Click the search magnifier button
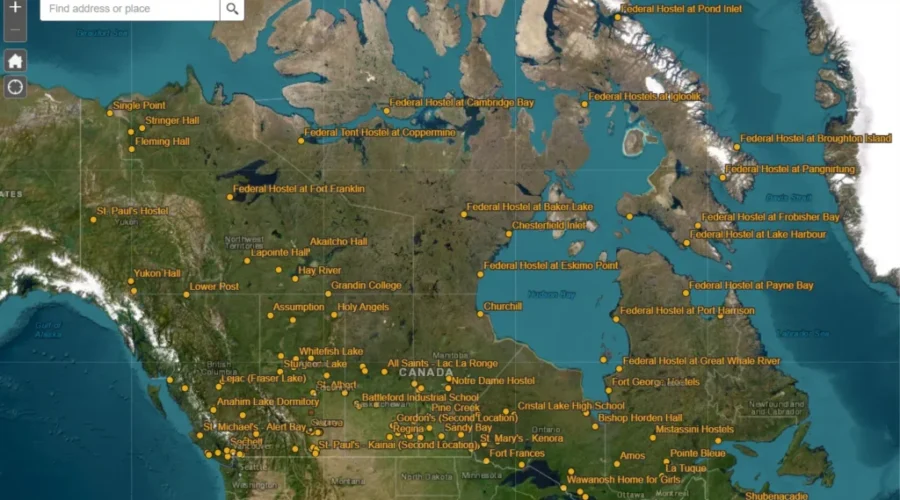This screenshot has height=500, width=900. pos(232,9)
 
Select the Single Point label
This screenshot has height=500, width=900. pos(139,105)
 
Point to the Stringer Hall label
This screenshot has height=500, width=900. pos(172,121)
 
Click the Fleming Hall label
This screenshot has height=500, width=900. pos(163,142)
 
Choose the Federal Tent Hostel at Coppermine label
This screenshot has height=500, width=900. pos(380,132)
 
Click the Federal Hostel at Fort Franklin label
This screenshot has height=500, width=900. pos(299,188)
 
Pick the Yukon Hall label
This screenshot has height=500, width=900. pos(157,273)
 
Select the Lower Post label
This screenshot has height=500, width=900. pos(215,287)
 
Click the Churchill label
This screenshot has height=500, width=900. pos(503,306)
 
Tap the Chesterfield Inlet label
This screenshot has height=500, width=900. pos(549,226)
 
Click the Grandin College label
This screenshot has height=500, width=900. pos(366,285)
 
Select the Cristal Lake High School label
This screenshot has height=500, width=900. pos(571,406)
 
